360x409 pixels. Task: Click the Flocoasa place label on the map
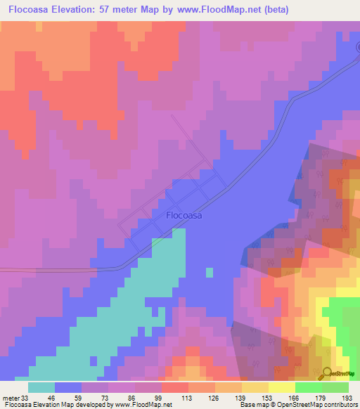click(x=184, y=216)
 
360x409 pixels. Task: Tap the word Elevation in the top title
click(x=78, y=10)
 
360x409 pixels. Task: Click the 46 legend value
click(x=55, y=398)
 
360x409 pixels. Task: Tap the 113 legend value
click(x=188, y=398)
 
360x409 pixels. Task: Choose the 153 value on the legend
click(x=268, y=398)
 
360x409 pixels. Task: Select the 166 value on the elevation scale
click(x=295, y=398)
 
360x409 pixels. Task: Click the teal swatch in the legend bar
click(x=41, y=387)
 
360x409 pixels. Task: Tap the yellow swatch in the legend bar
click(x=281, y=387)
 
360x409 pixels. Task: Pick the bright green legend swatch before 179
click(x=308, y=387)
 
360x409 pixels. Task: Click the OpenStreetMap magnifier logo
click(x=327, y=373)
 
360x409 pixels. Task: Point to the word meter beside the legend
click(x=11, y=398)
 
